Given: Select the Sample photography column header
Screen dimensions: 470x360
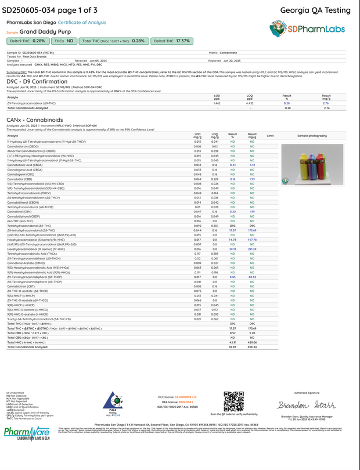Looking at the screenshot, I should pos(311,135).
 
